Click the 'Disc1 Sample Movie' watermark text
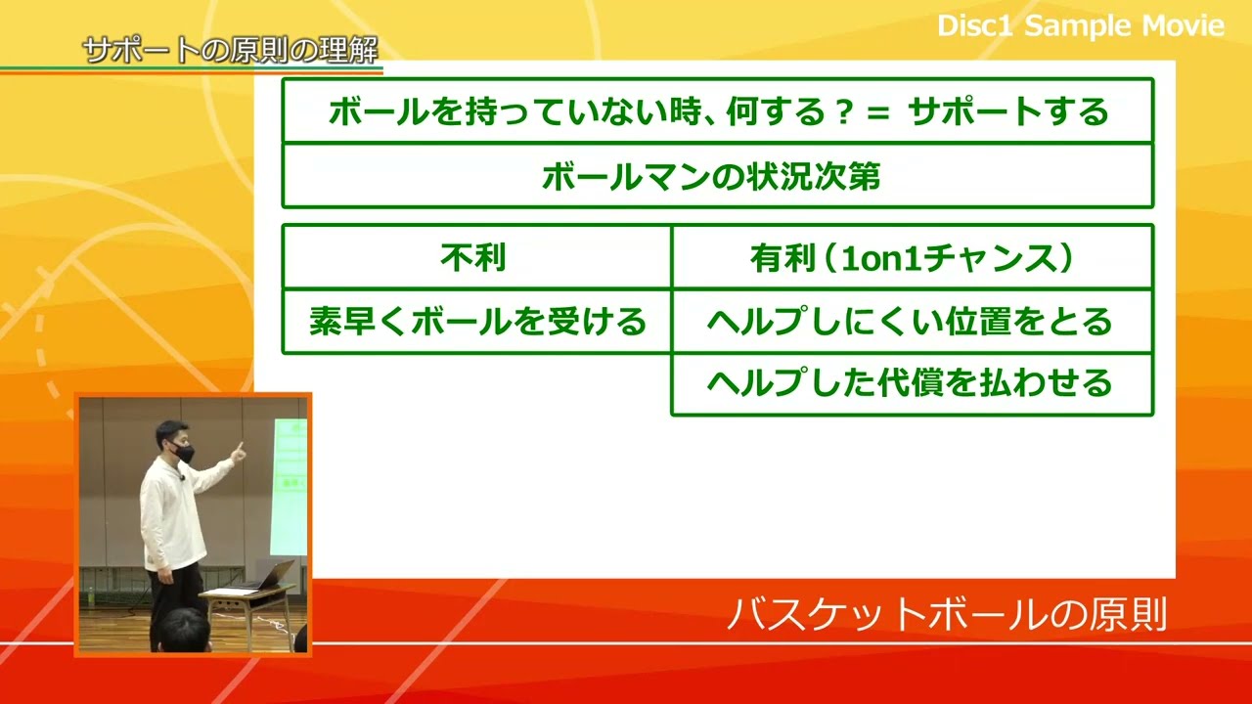[x=1080, y=25]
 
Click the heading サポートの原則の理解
[x=231, y=50]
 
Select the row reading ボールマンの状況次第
[x=711, y=176]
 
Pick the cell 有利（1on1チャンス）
[x=911, y=257]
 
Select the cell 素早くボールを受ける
[x=477, y=321]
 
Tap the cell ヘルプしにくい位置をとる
[x=911, y=321]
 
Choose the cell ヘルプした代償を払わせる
[x=911, y=382]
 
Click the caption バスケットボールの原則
[x=947, y=615]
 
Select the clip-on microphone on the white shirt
[x=182, y=477]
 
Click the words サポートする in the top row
[x=1008, y=111]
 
